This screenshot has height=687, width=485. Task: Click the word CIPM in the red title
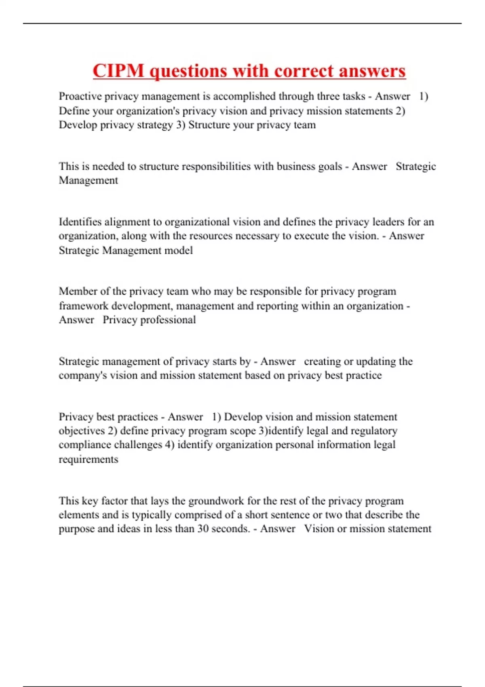coord(118,71)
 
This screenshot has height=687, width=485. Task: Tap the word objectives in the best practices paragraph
coord(82,431)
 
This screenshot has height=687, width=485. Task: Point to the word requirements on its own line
coord(89,459)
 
